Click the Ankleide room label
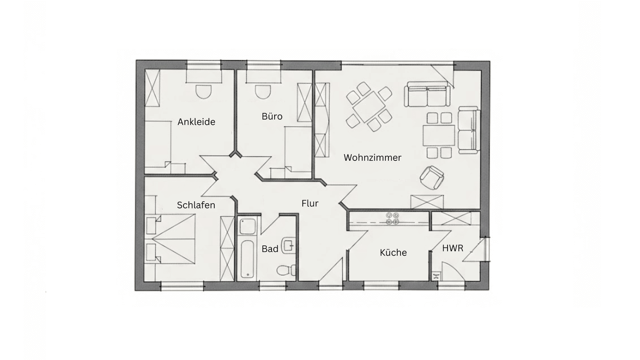pyautogui.click(x=196, y=122)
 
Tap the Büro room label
pyautogui.click(x=272, y=116)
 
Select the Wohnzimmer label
pyautogui.click(x=372, y=157)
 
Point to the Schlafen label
pyautogui.click(x=196, y=205)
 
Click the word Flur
pyautogui.click(x=310, y=203)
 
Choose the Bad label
pyautogui.click(x=270, y=249)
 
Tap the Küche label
pyautogui.click(x=393, y=252)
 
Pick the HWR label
pyautogui.click(x=452, y=248)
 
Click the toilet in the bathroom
pyautogui.click(x=286, y=270)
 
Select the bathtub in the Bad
pyautogui.click(x=247, y=259)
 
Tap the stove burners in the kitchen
pyautogui.click(x=392, y=218)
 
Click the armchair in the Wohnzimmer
pyautogui.click(x=432, y=177)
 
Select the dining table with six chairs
pyautogui.click(x=369, y=107)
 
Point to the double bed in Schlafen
pyautogui.click(x=171, y=239)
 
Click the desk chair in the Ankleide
pyautogui.click(x=204, y=92)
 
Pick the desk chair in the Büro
pyautogui.click(x=263, y=92)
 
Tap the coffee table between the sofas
pyautogui.click(x=439, y=136)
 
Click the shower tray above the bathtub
pyautogui.click(x=248, y=226)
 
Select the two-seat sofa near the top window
pyautogui.click(x=427, y=94)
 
